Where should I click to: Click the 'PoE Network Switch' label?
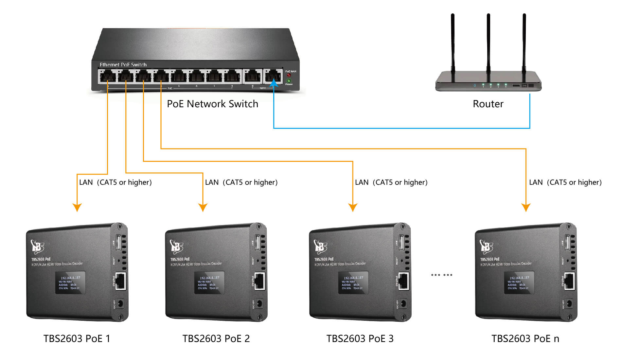[212, 104]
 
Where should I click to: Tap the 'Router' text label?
[488, 104]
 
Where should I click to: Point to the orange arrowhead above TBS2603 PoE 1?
[77, 207]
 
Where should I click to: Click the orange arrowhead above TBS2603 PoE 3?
[353, 207]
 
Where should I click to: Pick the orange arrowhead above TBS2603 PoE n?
[526, 207]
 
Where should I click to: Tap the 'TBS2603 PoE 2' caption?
[216, 338]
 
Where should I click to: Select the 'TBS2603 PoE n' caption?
[525, 338]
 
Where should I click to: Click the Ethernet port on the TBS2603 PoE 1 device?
[121, 281]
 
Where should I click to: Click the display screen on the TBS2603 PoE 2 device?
[209, 283]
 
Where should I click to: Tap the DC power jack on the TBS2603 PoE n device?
[569, 304]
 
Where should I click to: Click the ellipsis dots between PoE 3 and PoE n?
[441, 275]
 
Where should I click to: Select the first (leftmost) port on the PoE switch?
[107, 77]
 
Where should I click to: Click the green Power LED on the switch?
[289, 81]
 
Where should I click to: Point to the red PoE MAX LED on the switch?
[289, 75]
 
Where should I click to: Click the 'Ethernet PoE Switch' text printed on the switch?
[123, 65]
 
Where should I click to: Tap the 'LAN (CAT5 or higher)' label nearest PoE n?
[565, 182]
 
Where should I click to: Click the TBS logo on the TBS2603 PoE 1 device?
[37, 247]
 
